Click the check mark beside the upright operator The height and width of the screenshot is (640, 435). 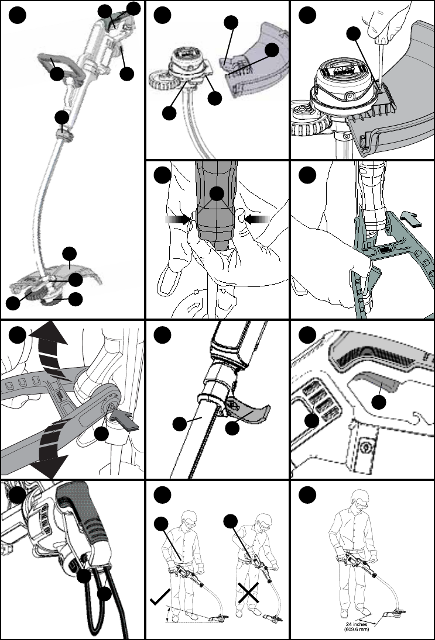tap(159, 599)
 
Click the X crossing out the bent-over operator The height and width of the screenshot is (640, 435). tap(249, 593)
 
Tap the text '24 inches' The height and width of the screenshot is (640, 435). tap(357, 624)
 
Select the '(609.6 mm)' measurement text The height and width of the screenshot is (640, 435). tap(357, 629)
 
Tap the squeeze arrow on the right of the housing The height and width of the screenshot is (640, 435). tap(257, 220)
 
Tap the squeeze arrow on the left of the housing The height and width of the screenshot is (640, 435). tap(178, 220)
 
